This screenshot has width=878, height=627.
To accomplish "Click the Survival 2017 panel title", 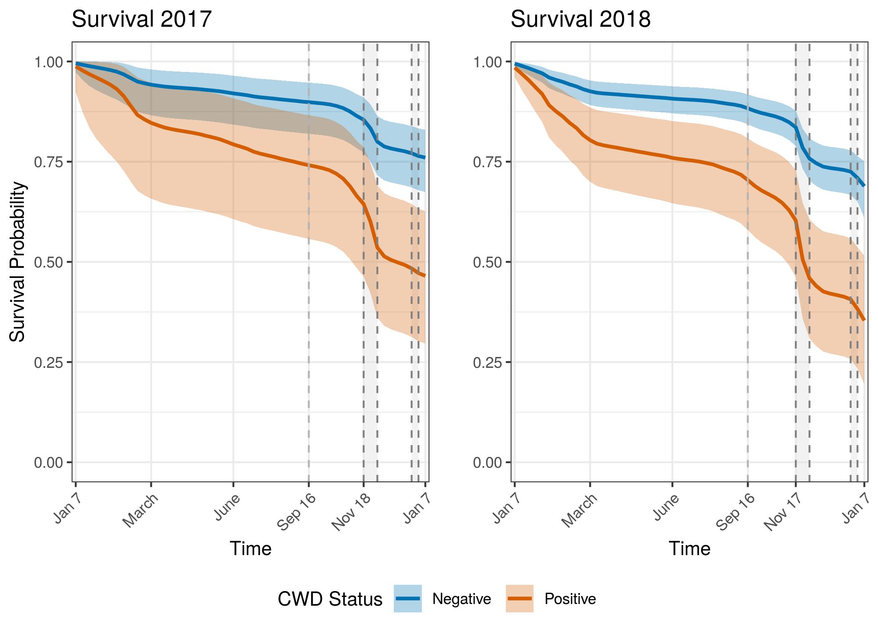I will point(141,19).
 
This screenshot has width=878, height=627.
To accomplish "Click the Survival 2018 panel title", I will point(580,19).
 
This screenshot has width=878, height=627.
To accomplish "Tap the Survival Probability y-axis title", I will point(18,262).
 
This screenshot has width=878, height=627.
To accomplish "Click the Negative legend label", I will point(462,599).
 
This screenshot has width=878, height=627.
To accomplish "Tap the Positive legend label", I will point(570,599).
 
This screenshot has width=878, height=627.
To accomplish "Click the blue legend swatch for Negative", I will point(408,599).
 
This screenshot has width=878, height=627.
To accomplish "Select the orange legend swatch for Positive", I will point(519,599).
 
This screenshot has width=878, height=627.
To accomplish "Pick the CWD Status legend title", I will point(330,599).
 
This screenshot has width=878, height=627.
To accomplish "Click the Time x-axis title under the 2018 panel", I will point(689,548).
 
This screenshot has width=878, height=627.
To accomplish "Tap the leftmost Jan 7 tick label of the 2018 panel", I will point(503,507).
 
